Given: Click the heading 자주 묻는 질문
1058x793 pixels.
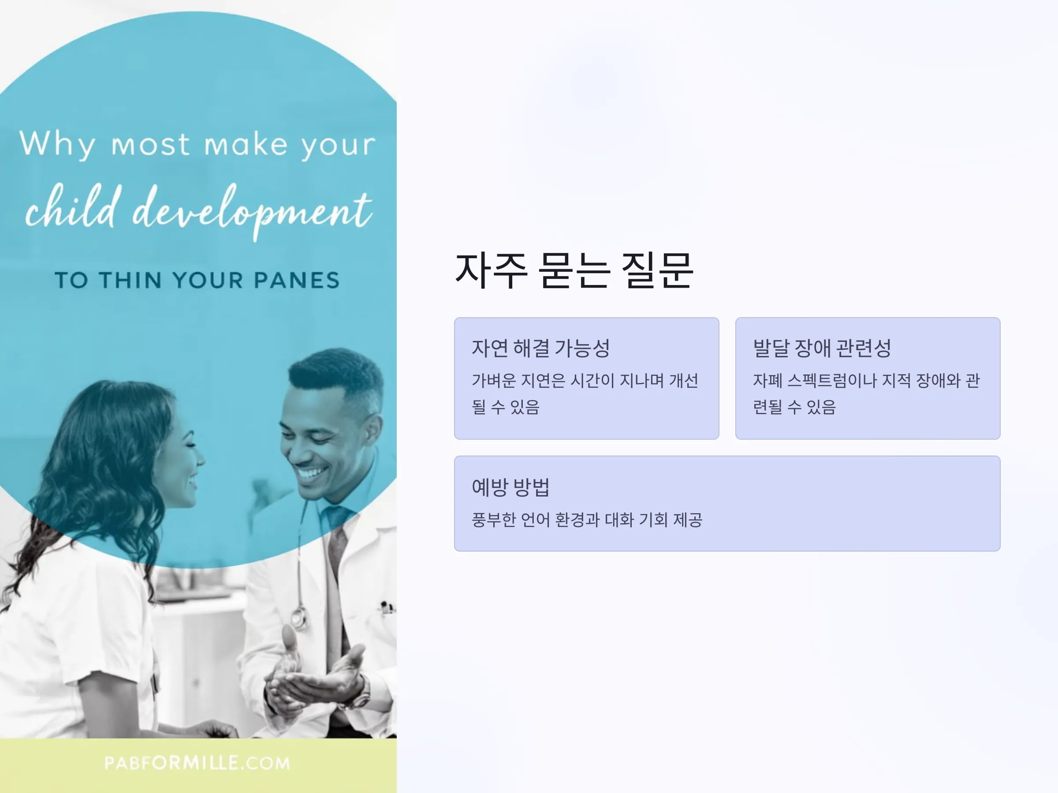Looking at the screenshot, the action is (574, 271).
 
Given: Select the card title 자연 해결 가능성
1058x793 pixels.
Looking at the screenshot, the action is (541, 348).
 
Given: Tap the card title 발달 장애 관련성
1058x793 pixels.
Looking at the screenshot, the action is (822, 348).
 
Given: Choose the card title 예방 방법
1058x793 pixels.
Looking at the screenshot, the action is (511, 487).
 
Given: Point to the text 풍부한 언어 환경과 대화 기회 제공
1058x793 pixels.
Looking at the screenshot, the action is (587, 519).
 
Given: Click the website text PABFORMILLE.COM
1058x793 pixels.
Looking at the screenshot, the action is (197, 763).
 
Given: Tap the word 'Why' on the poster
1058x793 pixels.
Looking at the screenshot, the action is (57, 144).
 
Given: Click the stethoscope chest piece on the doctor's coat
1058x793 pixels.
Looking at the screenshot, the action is (299, 619).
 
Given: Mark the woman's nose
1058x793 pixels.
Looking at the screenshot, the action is (199, 458).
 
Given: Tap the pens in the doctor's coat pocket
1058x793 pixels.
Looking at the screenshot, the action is (387, 607).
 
